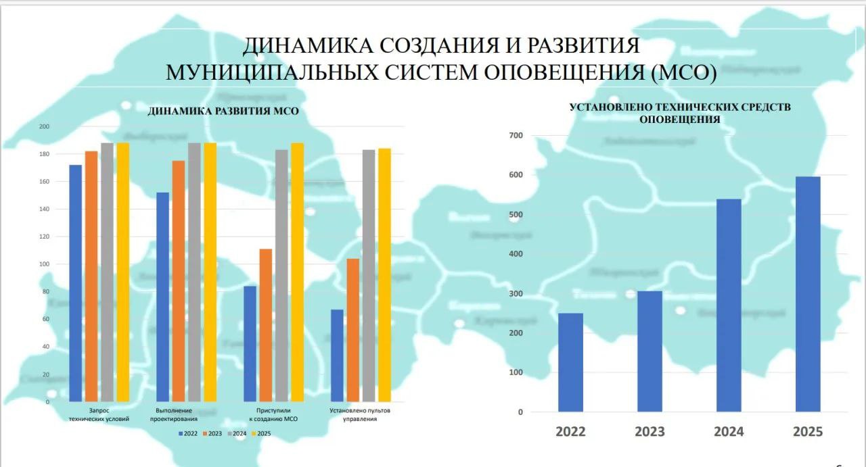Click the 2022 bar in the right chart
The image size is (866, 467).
pyautogui.click(x=570, y=362)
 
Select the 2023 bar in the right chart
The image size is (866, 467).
pyautogui.click(x=649, y=351)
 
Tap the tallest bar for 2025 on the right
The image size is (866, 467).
pyautogui.click(x=808, y=294)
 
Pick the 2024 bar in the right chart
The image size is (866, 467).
pyautogui.click(x=729, y=305)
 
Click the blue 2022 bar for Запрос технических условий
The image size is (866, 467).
pyautogui.click(x=76, y=283)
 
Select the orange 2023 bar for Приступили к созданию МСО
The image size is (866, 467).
pyautogui.click(x=266, y=325)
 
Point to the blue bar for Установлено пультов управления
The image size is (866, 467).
pyautogui.click(x=337, y=355)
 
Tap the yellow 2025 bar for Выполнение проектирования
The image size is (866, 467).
pyautogui.click(x=210, y=272)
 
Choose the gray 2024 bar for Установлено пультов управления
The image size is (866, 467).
pyautogui.click(x=369, y=276)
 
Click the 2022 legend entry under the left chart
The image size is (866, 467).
pyautogui.click(x=189, y=433)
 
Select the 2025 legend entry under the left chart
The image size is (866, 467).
pyautogui.click(x=261, y=433)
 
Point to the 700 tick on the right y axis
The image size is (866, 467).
pyautogui.click(x=516, y=136)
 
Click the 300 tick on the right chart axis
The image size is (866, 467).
pyautogui.click(x=516, y=294)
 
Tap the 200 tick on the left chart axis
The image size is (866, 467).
pyautogui.click(x=44, y=126)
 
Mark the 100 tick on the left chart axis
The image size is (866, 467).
pyautogui.click(x=44, y=264)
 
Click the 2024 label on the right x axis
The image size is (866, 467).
pyautogui.click(x=729, y=432)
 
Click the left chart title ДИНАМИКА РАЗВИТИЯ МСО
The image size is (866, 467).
pyautogui.click(x=223, y=112)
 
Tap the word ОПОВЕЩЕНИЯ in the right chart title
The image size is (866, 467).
pyautogui.click(x=680, y=120)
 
